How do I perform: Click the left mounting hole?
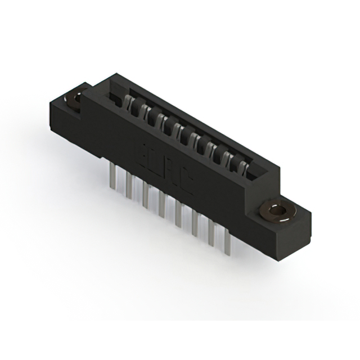tap(74, 100)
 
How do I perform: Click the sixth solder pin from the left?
tap(195, 224)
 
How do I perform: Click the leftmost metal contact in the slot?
tap(129, 102)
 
